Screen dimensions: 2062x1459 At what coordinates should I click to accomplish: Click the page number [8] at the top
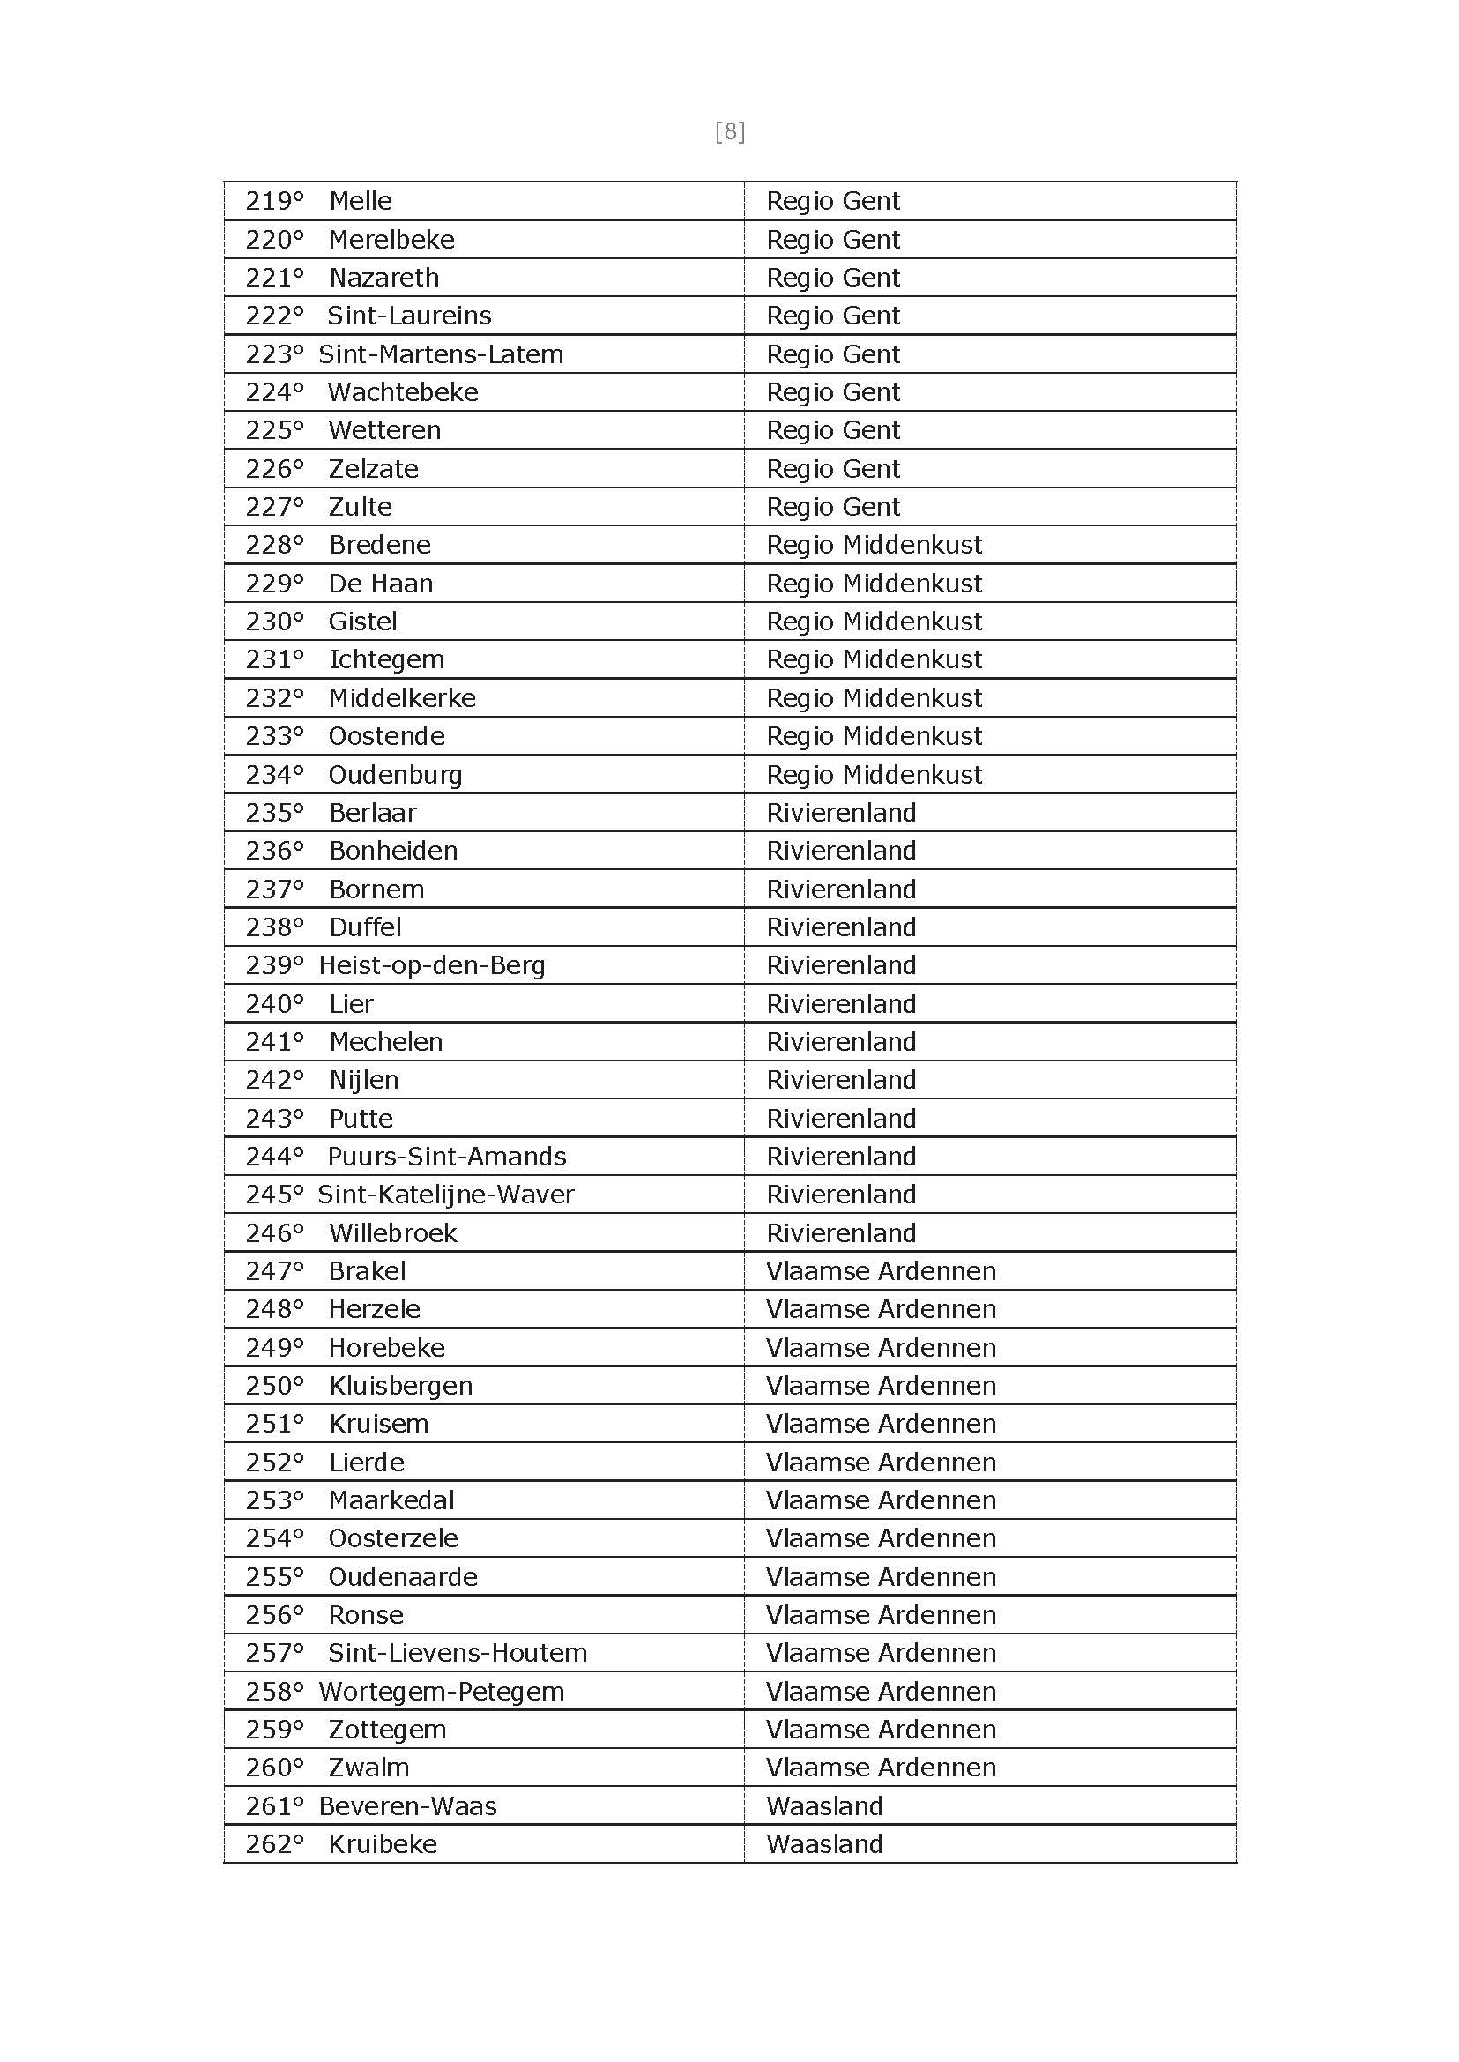(x=730, y=132)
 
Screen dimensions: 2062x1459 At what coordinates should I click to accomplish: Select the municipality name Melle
(x=361, y=200)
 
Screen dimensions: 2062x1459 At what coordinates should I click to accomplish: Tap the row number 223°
(x=274, y=354)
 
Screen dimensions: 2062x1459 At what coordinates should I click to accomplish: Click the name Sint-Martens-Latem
(x=440, y=354)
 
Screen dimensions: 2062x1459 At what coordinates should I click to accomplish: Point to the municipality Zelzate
(x=373, y=469)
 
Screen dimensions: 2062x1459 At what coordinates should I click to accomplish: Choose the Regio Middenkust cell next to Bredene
(x=874, y=545)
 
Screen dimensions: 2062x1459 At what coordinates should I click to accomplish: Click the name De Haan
(x=380, y=584)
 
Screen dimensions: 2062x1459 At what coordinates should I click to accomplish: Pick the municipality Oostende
(x=386, y=736)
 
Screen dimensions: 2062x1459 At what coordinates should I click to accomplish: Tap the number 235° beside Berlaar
(x=274, y=812)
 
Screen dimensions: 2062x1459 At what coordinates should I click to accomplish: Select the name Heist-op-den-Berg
(x=431, y=965)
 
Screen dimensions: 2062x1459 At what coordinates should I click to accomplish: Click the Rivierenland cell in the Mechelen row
(x=841, y=1041)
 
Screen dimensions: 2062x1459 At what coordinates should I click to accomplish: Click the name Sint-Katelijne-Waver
(x=445, y=1194)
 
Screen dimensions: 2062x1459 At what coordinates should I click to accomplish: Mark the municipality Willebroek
(x=392, y=1232)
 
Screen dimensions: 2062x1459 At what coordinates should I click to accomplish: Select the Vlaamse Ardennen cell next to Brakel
(x=881, y=1270)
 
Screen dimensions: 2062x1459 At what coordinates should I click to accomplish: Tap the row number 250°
(x=274, y=1386)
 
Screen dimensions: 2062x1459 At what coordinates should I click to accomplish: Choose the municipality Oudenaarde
(x=403, y=1577)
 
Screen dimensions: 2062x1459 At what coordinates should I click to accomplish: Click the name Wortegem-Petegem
(x=441, y=1691)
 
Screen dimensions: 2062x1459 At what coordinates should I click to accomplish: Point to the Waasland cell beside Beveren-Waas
(x=824, y=1806)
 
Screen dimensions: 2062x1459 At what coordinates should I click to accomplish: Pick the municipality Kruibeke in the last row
(x=382, y=1843)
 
